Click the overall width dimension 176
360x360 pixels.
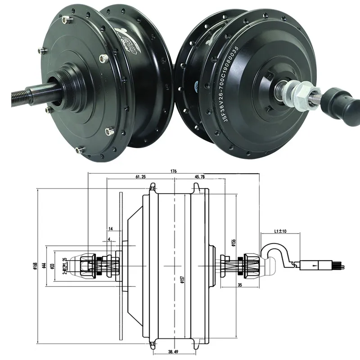[x=173, y=171]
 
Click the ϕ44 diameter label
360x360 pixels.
[x=44, y=266]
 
